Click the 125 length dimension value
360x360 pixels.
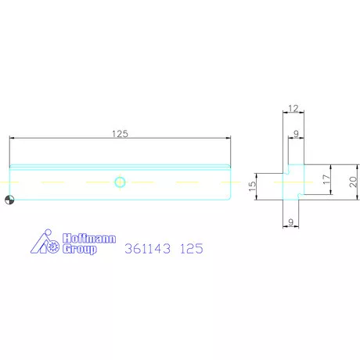point(120,134)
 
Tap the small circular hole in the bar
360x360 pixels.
point(120,182)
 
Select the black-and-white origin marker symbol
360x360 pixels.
point(9,200)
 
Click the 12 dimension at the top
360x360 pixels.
point(293,108)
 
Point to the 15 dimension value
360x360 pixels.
point(252,186)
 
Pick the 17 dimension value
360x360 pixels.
point(326,179)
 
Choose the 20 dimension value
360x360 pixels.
point(353,182)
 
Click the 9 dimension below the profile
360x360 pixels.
point(291,222)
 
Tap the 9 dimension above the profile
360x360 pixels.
point(296,134)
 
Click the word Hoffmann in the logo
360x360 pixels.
point(89,239)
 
